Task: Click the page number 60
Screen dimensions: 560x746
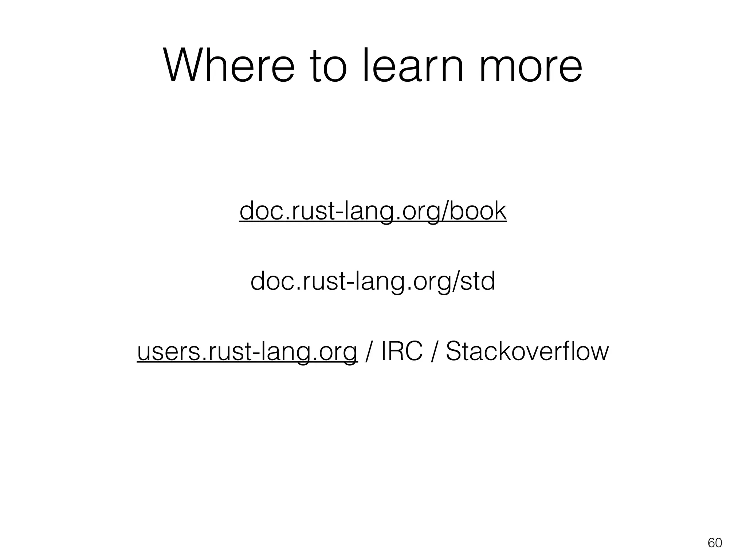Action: click(x=715, y=543)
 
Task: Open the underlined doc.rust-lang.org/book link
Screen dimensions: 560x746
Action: click(x=373, y=211)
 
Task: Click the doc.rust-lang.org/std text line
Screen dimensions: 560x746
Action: click(x=373, y=281)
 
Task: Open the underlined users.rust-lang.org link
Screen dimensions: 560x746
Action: click(x=247, y=352)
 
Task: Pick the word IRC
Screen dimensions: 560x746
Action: click(x=402, y=351)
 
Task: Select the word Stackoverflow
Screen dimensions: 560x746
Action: click(x=527, y=351)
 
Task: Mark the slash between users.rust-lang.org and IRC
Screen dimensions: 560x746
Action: click(x=369, y=352)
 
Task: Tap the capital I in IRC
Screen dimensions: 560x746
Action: click(x=384, y=351)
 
